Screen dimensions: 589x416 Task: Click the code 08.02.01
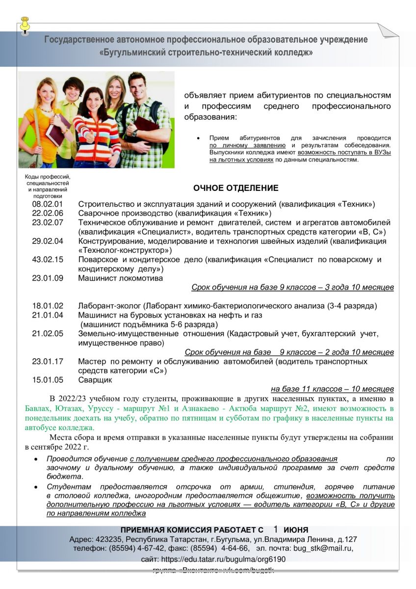(x=48, y=204)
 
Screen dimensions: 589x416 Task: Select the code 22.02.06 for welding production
(x=48, y=213)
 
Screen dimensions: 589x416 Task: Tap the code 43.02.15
(x=48, y=260)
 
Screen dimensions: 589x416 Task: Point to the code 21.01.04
(x=48, y=315)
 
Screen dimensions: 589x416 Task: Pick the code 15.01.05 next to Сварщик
(x=48, y=380)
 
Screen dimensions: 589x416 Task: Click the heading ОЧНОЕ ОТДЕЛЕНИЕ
(x=235, y=188)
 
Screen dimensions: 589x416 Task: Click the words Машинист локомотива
(x=120, y=278)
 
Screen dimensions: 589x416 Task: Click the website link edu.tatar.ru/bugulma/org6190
(x=223, y=559)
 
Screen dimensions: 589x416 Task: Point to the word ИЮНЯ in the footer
(x=296, y=530)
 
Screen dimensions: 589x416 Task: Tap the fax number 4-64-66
(x=236, y=548)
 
